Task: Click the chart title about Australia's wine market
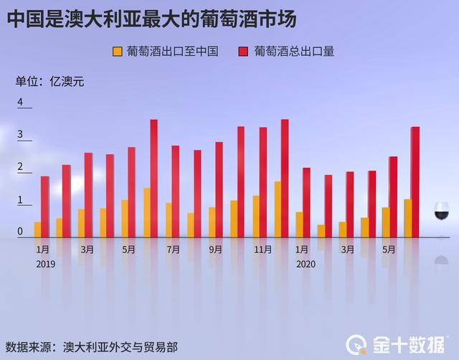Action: (x=152, y=18)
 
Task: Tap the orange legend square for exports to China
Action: (x=118, y=52)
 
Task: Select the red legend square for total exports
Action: (x=245, y=52)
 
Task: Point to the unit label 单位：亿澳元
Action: (x=49, y=81)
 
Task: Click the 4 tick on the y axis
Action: (x=20, y=103)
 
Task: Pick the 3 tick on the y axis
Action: (x=20, y=135)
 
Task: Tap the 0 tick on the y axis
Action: (x=20, y=231)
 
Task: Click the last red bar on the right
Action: (x=415, y=182)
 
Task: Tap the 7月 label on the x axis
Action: (x=173, y=250)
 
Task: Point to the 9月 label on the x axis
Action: (x=216, y=250)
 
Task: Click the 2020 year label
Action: (x=306, y=264)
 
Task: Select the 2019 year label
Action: (x=45, y=264)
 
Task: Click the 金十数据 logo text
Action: (x=408, y=344)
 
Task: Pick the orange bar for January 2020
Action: (x=299, y=224)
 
